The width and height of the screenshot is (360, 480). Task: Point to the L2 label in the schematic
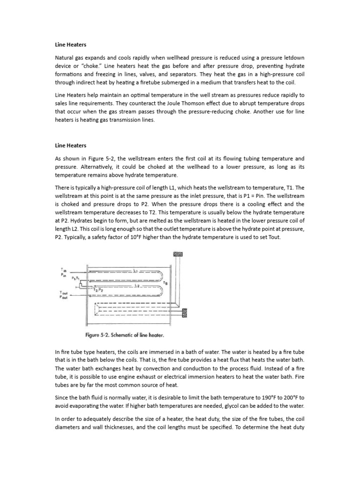[x=136, y=285]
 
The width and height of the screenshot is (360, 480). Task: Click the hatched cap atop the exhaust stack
[x=178, y=254]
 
